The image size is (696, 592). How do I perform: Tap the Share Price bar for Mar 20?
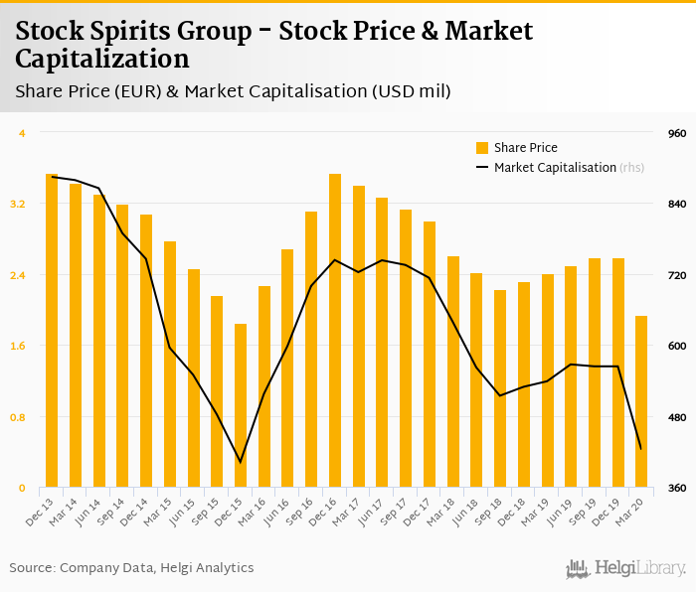click(x=641, y=401)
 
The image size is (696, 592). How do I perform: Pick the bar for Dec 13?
click(x=51, y=331)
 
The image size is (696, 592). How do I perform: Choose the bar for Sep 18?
click(x=499, y=388)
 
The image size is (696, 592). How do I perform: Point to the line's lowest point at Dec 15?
click(x=240, y=462)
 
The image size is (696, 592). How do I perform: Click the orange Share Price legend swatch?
click(x=482, y=148)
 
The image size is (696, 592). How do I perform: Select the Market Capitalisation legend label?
click(x=555, y=168)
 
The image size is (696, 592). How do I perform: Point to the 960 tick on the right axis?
click(x=677, y=133)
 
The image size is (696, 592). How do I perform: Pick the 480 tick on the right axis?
click(x=677, y=417)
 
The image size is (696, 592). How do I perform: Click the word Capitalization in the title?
click(x=102, y=58)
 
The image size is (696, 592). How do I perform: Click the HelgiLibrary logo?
click(x=626, y=568)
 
